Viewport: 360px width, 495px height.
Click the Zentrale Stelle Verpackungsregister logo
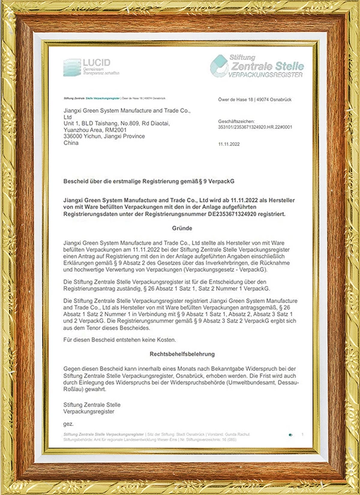pyautogui.click(x=256, y=66)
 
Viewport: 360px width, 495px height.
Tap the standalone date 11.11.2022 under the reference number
pyautogui.click(x=230, y=145)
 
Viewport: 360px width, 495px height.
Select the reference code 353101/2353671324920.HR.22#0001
pyautogui.click(x=256, y=127)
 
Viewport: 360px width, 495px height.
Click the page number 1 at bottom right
pyautogui.click(x=302, y=434)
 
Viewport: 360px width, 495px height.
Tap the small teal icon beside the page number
pyautogui.click(x=290, y=434)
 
